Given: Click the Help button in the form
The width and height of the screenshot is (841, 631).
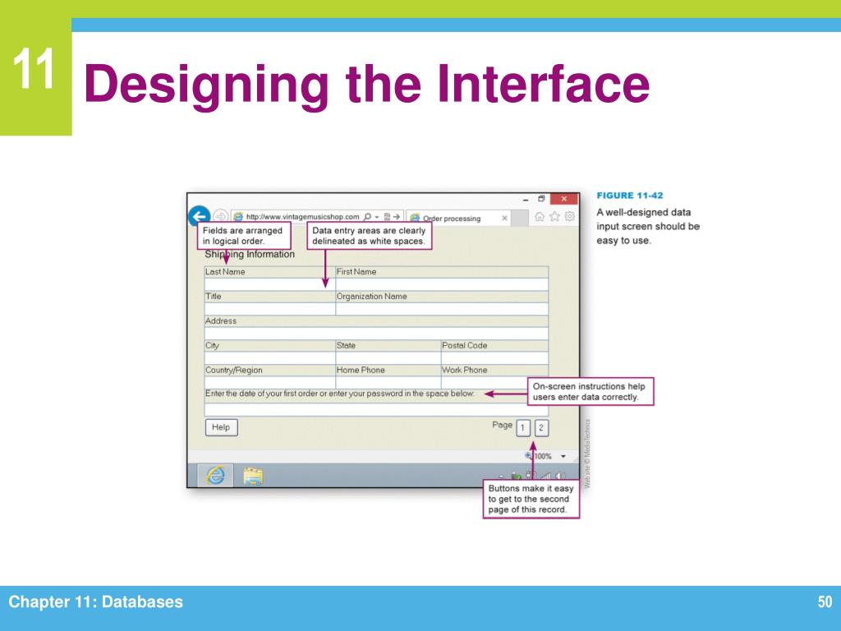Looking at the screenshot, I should point(221,427).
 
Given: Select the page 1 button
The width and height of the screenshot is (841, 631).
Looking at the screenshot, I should point(523,427).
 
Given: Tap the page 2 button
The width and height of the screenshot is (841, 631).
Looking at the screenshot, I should point(541,427).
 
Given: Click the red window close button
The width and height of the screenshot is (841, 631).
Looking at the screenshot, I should point(563,200).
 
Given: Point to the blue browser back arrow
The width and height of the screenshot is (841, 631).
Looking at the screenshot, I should point(198,216).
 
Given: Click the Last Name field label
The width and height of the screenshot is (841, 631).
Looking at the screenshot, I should point(225,272).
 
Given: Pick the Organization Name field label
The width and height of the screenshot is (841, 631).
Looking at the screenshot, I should point(371,297).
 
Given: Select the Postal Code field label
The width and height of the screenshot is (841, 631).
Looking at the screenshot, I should point(464,346).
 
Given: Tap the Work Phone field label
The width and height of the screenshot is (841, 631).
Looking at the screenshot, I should point(464,371).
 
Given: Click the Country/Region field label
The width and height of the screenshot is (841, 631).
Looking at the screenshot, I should point(234,371).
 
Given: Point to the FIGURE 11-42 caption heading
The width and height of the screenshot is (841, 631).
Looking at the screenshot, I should point(630,196).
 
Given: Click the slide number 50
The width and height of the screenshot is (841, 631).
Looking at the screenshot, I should point(825,603).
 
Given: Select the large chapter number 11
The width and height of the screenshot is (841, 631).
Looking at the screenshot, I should point(34,71).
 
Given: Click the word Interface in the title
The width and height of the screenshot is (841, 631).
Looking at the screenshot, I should point(542,85).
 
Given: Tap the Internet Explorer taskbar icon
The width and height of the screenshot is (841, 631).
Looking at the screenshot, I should point(215,476).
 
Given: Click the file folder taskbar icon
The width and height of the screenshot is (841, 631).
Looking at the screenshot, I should point(253,476).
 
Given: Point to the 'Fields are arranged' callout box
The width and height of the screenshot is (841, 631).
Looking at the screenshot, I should point(244,236).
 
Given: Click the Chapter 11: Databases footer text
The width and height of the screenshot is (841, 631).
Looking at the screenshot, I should point(96,603).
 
